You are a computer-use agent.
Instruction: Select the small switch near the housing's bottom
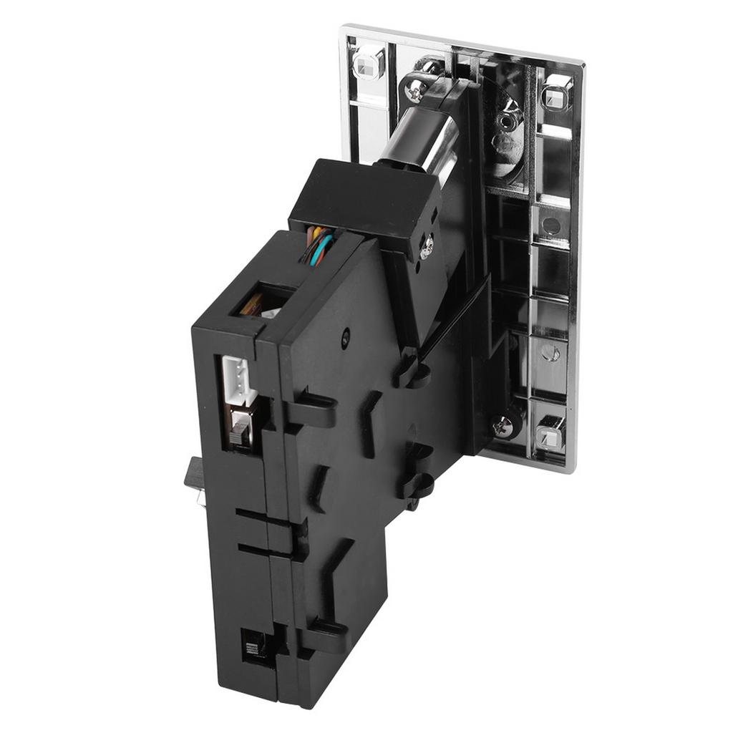253,649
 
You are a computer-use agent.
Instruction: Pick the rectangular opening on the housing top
262,300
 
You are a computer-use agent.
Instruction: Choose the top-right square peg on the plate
556,93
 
